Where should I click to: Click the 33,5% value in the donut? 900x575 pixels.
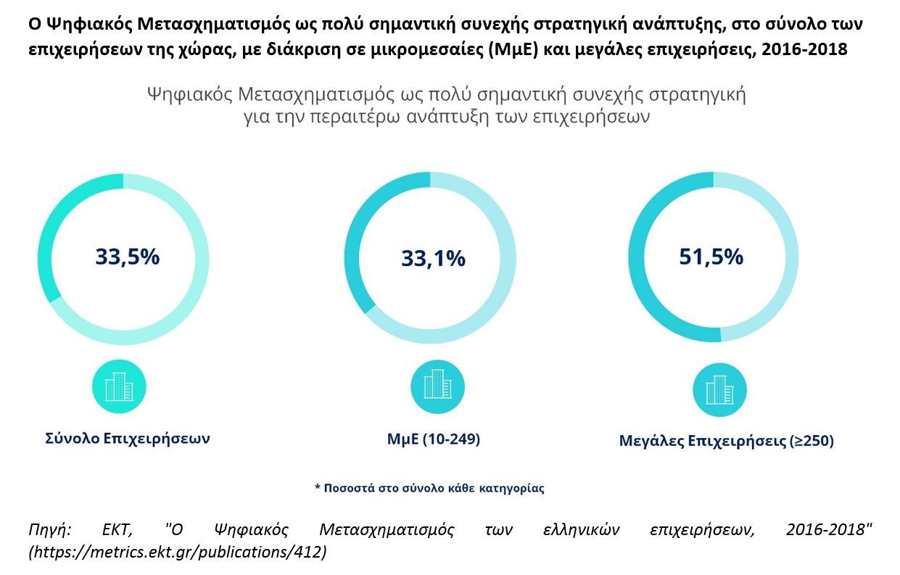128,257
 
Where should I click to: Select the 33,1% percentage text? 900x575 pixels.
433,258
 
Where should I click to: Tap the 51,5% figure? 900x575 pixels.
711,257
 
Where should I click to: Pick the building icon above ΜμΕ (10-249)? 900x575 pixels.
438,386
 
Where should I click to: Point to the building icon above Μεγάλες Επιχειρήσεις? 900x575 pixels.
720,391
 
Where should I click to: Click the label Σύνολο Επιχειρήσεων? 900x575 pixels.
128,439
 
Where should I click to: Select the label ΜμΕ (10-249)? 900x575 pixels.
433,439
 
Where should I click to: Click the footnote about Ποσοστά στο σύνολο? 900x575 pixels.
429,488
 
